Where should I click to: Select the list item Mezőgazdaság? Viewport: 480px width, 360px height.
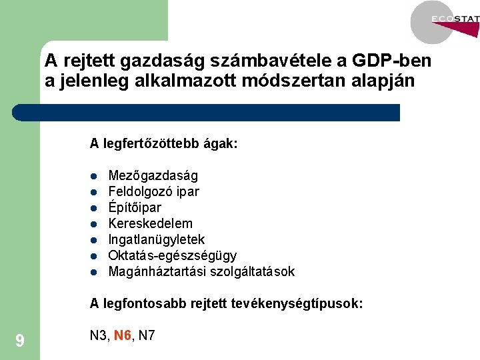tap(153, 176)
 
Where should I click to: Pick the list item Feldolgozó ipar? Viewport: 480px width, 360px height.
tap(153, 192)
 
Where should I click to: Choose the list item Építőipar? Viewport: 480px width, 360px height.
tap(135, 208)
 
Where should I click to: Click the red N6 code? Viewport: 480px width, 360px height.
tap(123, 335)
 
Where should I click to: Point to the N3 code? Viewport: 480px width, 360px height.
tap(99, 335)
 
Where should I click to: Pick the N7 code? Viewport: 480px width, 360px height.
tap(147, 335)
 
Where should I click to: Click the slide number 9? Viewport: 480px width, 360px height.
tap(20, 341)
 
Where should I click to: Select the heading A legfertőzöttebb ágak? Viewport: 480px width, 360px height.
tap(164, 143)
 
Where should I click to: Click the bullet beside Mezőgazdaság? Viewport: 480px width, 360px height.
tap(95, 177)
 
